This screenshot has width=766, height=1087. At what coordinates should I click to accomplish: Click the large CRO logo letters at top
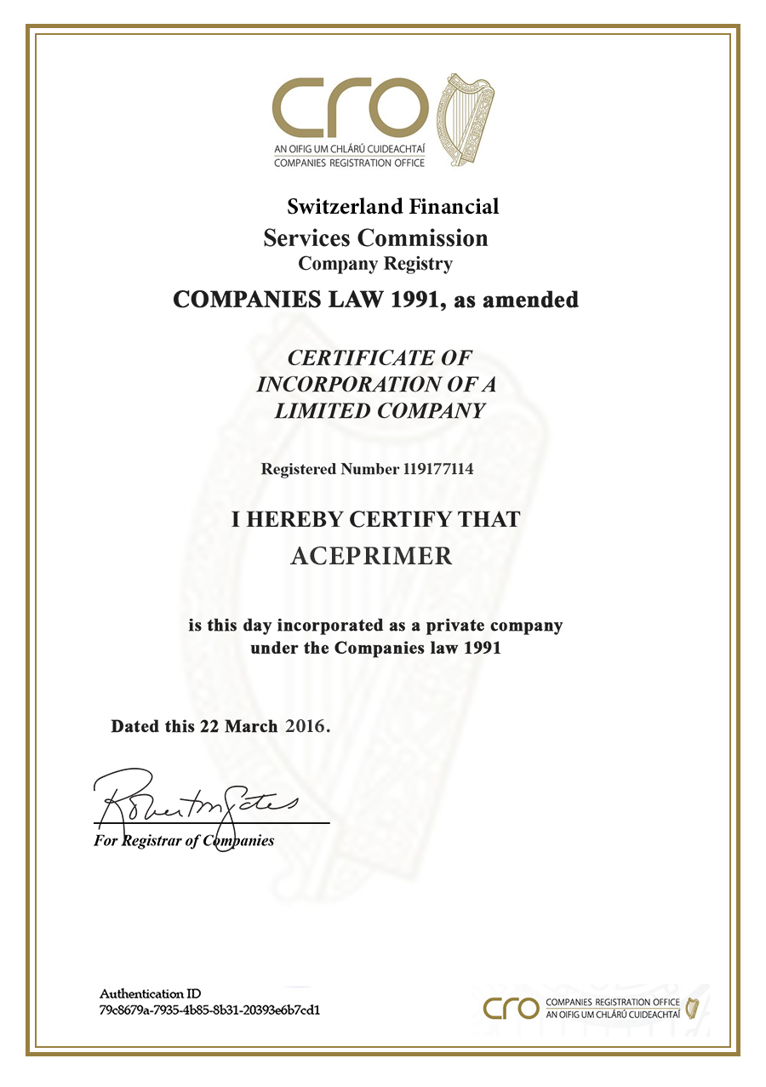pyautogui.click(x=350, y=108)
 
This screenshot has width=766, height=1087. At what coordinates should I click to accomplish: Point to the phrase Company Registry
pyautogui.click(x=375, y=264)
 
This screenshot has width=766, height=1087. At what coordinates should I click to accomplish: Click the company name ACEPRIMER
pyautogui.click(x=372, y=557)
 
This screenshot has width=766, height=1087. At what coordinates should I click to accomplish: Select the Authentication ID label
pyautogui.click(x=151, y=993)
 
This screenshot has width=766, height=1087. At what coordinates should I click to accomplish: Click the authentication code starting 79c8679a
pyautogui.click(x=209, y=1010)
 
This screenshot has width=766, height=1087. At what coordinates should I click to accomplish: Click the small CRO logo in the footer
pyautogui.click(x=511, y=1009)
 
